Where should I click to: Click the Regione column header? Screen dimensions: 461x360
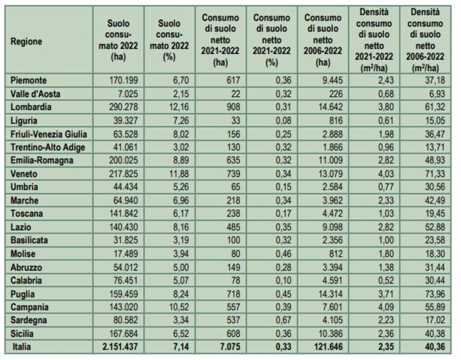[x=26, y=41]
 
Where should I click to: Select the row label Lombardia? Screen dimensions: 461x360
[x=31, y=107]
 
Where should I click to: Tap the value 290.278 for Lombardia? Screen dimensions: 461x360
[x=123, y=107]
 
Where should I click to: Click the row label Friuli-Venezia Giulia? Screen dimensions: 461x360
[x=49, y=134]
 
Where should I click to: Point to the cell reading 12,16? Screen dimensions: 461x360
[x=179, y=107]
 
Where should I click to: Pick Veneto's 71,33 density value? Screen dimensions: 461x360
[x=435, y=174]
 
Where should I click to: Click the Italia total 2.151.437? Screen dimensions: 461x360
[x=120, y=347]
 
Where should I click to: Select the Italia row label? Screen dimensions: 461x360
[x=22, y=347]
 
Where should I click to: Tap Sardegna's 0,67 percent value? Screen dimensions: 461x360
[x=284, y=320]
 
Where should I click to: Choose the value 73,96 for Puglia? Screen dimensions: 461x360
[x=435, y=294]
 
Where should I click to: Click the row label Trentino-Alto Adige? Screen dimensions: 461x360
[x=48, y=147]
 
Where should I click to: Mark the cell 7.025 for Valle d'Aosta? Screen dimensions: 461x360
[x=128, y=94]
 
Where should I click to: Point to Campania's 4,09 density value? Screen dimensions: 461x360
[x=386, y=307]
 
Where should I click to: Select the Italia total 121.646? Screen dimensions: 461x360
[x=328, y=347]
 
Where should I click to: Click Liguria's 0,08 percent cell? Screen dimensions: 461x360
[x=284, y=121]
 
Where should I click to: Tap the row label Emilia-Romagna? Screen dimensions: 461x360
[x=41, y=160]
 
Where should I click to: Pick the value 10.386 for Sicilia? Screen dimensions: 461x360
[x=331, y=334]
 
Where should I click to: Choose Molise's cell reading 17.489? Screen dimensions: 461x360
[x=126, y=254]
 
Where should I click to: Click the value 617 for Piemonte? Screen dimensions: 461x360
[x=233, y=80]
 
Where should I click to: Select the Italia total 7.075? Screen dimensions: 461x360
[x=230, y=347]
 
